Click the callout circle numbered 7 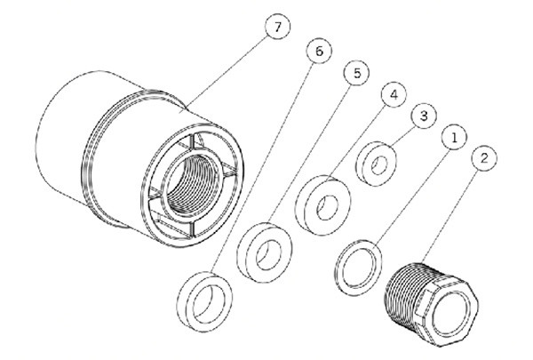277,27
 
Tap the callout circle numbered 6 319,51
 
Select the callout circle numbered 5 356,73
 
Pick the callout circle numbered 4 394,94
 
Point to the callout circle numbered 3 424,116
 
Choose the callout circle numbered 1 454,137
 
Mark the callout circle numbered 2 484,158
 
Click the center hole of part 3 379,165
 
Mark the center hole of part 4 327,208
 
